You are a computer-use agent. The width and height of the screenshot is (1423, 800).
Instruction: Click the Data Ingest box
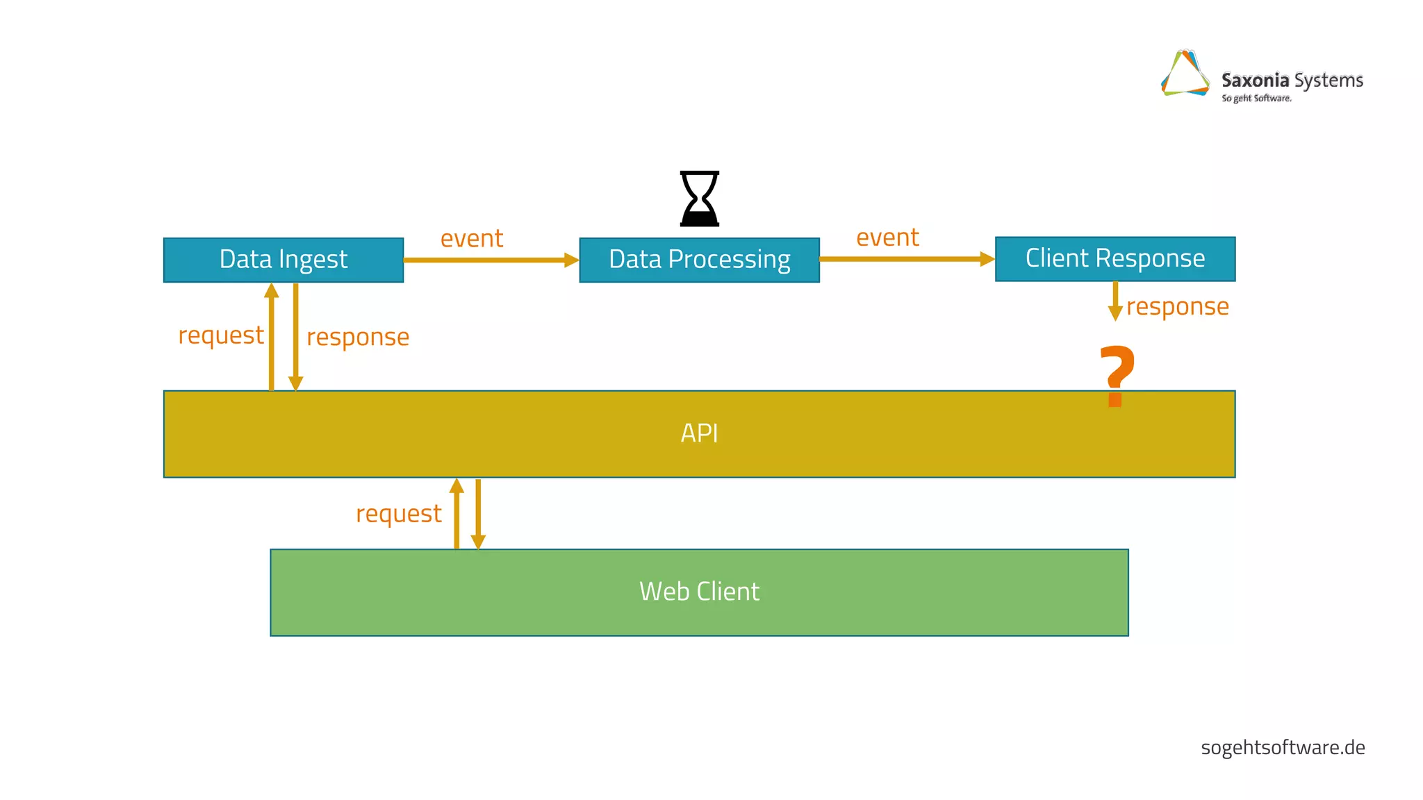(x=283, y=260)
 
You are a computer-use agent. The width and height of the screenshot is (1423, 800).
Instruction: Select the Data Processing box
(x=699, y=260)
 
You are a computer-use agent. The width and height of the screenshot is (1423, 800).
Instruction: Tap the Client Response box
(x=1114, y=258)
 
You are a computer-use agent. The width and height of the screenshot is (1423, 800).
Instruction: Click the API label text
(x=699, y=433)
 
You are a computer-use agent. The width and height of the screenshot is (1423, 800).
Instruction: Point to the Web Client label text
(x=699, y=592)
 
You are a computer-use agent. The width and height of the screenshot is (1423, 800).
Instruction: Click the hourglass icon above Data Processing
(x=699, y=199)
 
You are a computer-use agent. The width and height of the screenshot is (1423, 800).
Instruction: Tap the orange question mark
(x=1116, y=375)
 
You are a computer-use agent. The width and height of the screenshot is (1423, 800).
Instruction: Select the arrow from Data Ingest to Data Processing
(x=491, y=260)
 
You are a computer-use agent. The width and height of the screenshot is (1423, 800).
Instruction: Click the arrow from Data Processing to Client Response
(x=906, y=259)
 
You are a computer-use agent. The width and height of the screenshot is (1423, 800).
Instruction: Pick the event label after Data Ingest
(x=472, y=238)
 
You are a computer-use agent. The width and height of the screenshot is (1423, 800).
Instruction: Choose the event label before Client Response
(x=887, y=237)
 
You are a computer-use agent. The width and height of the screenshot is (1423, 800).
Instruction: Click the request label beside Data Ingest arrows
(x=221, y=335)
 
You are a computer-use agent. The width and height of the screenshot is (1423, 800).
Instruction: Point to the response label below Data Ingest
(x=358, y=337)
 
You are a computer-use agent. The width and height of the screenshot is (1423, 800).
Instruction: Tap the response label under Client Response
(x=1177, y=307)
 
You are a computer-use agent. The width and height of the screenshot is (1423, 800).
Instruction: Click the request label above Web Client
(x=398, y=514)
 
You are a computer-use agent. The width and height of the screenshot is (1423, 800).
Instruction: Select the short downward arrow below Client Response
(x=1115, y=301)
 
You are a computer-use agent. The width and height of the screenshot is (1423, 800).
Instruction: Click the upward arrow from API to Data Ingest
(x=272, y=337)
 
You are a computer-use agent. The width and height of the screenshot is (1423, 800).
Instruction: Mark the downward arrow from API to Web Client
(x=478, y=514)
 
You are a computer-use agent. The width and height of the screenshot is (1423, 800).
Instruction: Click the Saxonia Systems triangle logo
(x=1185, y=74)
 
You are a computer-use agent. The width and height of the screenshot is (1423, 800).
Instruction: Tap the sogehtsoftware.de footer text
(x=1283, y=748)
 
